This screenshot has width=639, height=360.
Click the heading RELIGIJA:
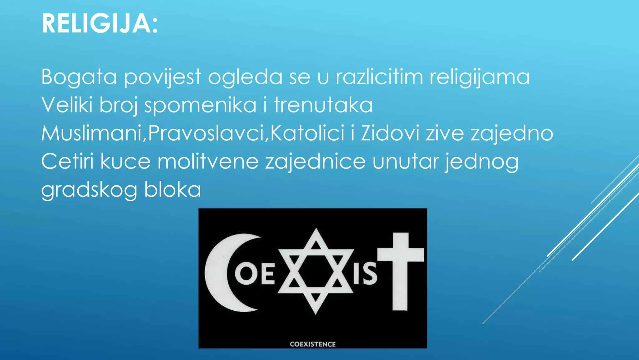(x=100, y=24)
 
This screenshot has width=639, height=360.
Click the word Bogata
(x=79, y=77)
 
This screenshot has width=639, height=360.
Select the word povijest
(x=163, y=77)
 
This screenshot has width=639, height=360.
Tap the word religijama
(x=479, y=77)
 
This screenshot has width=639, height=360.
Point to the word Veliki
(x=67, y=105)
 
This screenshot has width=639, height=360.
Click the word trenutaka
(x=323, y=105)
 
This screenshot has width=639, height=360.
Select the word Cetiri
(x=67, y=161)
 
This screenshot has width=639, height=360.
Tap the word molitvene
(x=208, y=161)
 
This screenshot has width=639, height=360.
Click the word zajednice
(x=315, y=162)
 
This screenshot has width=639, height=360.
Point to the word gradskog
(x=89, y=190)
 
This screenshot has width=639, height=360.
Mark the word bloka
(x=173, y=189)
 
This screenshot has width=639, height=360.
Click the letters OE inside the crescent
(x=255, y=274)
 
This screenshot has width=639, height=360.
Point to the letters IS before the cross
(x=365, y=274)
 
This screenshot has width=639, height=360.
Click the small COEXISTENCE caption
(x=313, y=344)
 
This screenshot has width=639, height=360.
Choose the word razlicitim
(x=379, y=77)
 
